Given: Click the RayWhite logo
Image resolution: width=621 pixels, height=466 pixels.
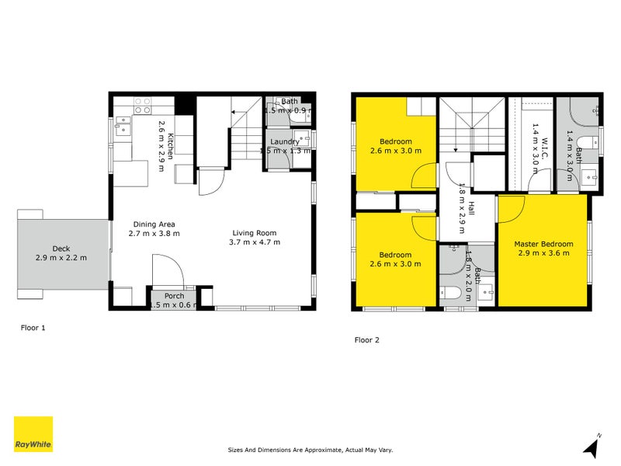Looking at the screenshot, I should point(33,434).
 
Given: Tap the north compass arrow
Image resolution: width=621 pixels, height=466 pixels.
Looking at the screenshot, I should point(592,446).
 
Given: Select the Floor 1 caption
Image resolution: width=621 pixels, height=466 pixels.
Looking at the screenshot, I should point(33,328).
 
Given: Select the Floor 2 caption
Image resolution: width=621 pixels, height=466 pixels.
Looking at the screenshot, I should point(368,339).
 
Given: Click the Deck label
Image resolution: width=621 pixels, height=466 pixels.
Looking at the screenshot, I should point(61,249).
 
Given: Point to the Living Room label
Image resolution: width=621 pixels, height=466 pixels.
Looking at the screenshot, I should point(255,233).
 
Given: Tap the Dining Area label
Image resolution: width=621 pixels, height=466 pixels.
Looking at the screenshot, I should point(153,224).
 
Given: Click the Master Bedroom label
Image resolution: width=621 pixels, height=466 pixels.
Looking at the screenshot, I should point(543,244).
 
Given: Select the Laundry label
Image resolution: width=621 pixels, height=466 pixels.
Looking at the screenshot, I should point(284,141).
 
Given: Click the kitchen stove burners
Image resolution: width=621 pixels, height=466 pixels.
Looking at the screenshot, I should point(142,106).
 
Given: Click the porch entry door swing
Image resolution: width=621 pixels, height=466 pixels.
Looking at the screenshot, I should point(166,273).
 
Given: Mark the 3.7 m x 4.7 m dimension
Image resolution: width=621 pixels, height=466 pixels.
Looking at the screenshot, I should point(255,242).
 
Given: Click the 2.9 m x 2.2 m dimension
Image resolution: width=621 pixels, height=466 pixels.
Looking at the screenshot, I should point(61,258).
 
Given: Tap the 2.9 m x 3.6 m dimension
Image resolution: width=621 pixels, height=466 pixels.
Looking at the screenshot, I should point(543,252).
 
